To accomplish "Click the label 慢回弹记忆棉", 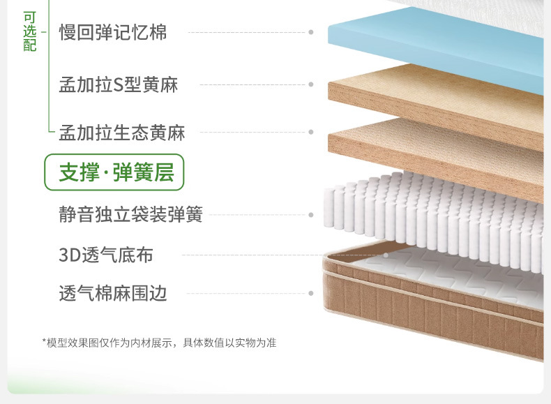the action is click(113, 32).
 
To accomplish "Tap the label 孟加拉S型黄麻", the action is click(119, 85).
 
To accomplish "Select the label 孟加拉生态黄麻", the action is click(121, 132).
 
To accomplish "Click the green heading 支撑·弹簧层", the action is click(115, 172).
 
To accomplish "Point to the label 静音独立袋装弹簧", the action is click(130, 214).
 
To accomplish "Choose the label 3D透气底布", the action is click(105, 255).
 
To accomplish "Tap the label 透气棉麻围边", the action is click(113, 293).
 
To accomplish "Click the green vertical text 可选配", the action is click(29, 31).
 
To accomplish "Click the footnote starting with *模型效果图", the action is click(159, 343).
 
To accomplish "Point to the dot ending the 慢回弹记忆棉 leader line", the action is click(311, 32).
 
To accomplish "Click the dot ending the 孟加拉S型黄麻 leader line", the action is click(311, 85).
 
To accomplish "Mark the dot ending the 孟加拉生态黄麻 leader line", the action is click(311, 132).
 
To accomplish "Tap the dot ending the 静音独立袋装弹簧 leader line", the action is click(311, 214).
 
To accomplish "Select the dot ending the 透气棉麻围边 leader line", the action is click(311, 293).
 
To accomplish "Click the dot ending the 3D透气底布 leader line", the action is click(385, 255).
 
